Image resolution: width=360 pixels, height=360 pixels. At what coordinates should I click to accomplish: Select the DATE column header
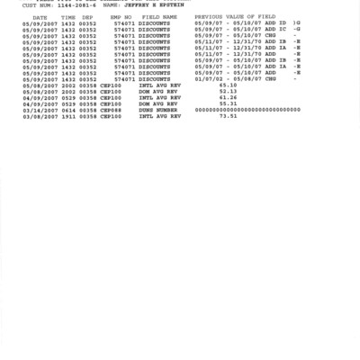(x=39, y=17)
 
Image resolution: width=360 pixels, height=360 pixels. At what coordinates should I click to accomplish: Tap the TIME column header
(x=67, y=17)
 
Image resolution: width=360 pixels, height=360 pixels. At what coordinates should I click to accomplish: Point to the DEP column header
(x=86, y=17)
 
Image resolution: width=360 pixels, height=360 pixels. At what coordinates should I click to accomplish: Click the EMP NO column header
(x=121, y=17)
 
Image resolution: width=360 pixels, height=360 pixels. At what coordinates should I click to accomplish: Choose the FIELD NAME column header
(x=158, y=17)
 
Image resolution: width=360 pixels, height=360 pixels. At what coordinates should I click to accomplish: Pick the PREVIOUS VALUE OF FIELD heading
(x=236, y=17)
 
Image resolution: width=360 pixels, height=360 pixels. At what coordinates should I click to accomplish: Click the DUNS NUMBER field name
(x=157, y=110)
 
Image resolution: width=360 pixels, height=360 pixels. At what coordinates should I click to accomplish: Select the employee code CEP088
(x=111, y=110)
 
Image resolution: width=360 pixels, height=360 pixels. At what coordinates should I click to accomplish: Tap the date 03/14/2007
(x=40, y=110)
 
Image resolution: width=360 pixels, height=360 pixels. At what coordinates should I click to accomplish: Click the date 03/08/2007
(x=40, y=116)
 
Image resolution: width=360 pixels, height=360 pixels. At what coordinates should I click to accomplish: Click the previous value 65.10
(x=228, y=85)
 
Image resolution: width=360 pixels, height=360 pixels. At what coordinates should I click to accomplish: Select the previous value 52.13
(x=228, y=91)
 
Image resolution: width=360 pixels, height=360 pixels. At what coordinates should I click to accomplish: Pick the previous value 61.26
(x=228, y=97)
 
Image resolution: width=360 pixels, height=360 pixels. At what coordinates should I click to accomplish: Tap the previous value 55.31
(x=228, y=103)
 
